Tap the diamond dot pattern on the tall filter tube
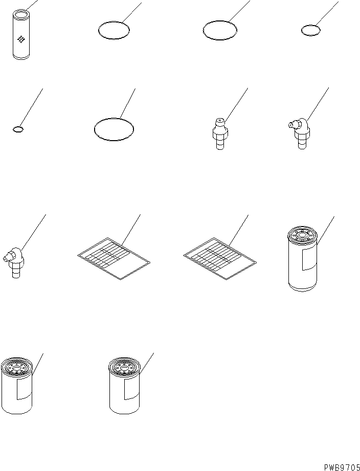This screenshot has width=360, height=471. click(21, 38)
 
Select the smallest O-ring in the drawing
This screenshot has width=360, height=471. click(18, 129)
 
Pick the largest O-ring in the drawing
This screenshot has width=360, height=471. click(115, 128)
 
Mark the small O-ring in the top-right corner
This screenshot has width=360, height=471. click(311, 30)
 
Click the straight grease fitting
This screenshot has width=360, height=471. click(218, 134)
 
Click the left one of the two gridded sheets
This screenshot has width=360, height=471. click(114, 258)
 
